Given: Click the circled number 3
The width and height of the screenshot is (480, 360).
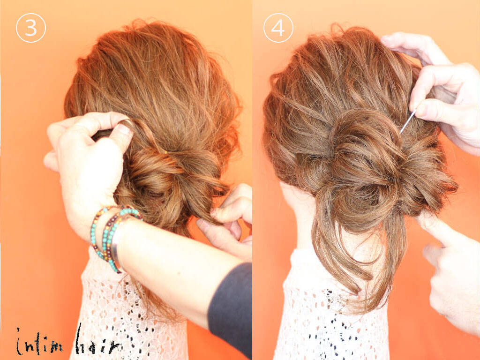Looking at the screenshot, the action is point(31,28).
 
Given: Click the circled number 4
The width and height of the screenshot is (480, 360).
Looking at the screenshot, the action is point(278,28).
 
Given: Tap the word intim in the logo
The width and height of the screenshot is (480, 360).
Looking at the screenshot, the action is point(39,343).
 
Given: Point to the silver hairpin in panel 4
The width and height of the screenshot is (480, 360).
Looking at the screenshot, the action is point(407,121).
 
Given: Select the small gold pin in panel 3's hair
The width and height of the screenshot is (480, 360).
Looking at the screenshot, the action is point(165,151).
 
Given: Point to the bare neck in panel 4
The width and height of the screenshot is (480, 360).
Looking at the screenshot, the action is point(301,214).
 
